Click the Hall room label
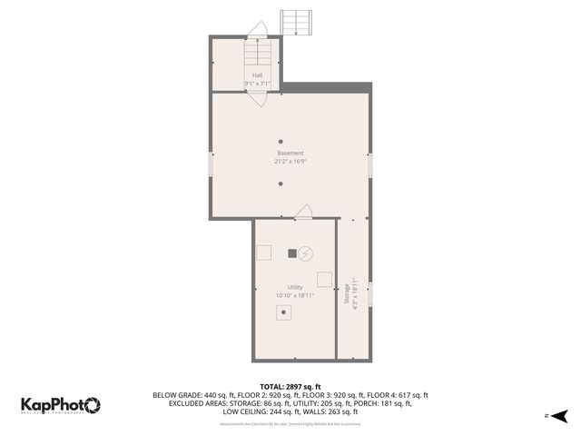[x=257, y=75]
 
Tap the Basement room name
[x=290, y=153]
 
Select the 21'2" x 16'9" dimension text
[x=290, y=162]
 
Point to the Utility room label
[x=295, y=287]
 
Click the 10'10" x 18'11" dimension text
[x=295, y=295]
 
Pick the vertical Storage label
[x=346, y=294]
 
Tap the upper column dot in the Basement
[x=281, y=141]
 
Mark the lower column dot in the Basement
[x=281, y=183]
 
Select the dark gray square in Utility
[x=292, y=253]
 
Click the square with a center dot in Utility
[x=285, y=312]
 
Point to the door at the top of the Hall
[x=258, y=29]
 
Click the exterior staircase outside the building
[x=295, y=22]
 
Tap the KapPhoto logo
[x=61, y=405]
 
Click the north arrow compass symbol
[x=559, y=415]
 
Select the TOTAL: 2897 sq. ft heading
[x=290, y=387]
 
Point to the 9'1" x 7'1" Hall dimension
[x=257, y=84]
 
